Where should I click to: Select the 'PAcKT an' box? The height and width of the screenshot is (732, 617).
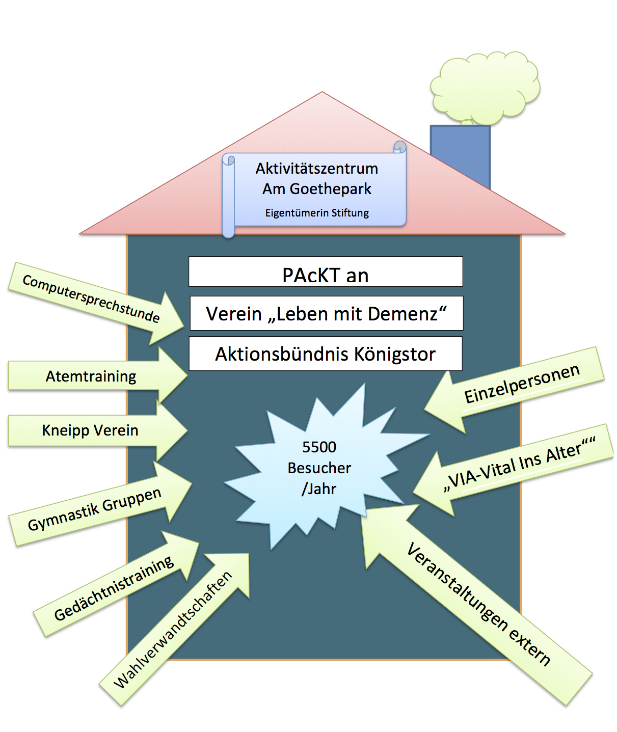(x=326, y=275)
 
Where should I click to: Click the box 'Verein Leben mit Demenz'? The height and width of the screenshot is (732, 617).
(x=326, y=314)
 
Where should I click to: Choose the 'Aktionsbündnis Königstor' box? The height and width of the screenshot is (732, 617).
(x=326, y=354)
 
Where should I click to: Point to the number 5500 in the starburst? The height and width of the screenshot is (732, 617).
(x=319, y=447)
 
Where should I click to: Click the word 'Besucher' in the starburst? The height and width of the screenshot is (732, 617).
(x=319, y=468)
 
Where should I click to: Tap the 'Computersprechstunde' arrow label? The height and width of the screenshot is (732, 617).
(x=91, y=299)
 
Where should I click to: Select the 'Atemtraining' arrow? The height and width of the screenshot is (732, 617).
(x=91, y=376)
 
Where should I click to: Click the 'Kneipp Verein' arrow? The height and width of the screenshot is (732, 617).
(x=90, y=430)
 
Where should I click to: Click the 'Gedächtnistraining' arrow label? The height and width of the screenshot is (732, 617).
(x=114, y=588)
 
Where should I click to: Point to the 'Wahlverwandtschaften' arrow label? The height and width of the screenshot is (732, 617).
(x=173, y=630)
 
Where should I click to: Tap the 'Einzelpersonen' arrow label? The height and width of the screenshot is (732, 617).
(x=522, y=384)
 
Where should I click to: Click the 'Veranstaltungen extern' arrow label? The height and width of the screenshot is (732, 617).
(x=478, y=604)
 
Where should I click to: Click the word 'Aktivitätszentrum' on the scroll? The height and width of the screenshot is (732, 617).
(x=316, y=169)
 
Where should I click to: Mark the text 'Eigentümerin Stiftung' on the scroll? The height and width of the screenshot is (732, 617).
(x=316, y=213)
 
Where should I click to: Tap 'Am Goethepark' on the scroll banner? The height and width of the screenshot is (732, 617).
(x=316, y=189)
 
